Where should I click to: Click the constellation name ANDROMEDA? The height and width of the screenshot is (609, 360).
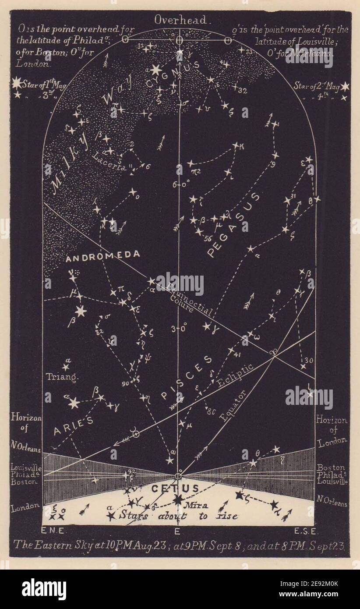(x=103, y=255)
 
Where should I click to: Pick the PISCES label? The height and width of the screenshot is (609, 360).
(x=187, y=376)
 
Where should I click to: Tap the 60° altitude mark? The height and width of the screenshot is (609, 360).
(x=180, y=184)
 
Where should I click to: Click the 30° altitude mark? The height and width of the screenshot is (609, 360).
(x=180, y=326)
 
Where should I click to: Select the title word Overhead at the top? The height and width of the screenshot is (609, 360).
(x=183, y=20)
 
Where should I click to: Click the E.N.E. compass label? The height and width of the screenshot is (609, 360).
(x=53, y=531)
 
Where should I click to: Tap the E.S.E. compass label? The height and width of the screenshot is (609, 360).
(x=304, y=531)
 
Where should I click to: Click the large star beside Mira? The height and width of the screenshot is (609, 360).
(x=178, y=499)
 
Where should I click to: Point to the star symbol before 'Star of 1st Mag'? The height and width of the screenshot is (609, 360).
(x=17, y=83)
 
